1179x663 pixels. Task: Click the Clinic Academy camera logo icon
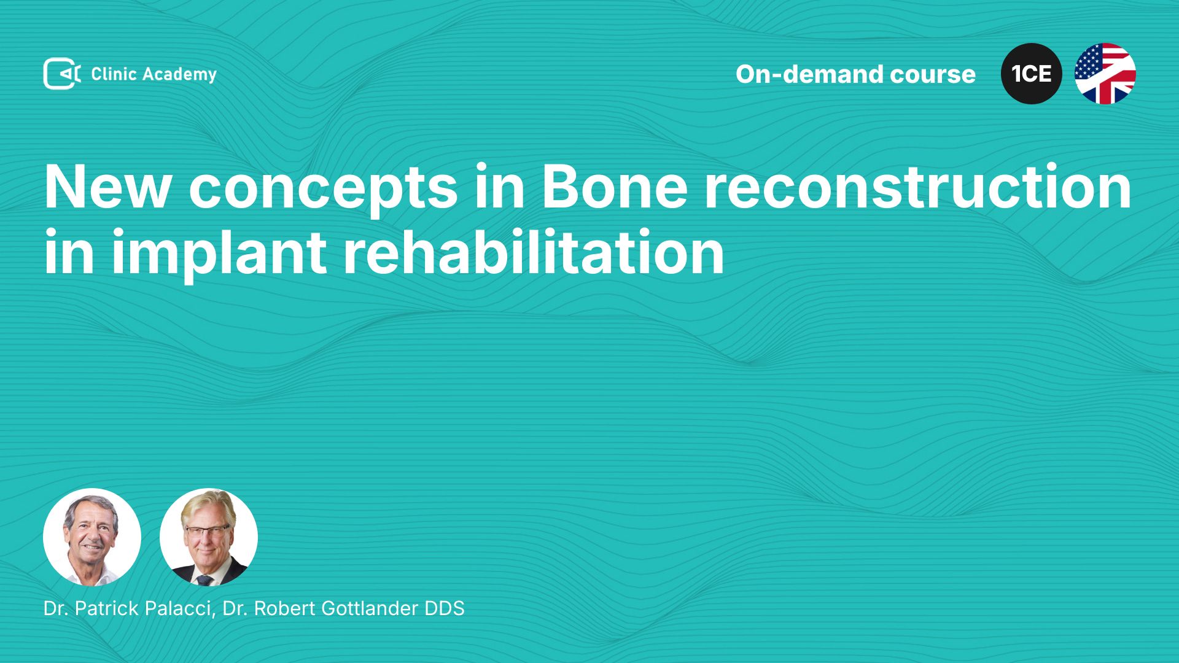coord(62,74)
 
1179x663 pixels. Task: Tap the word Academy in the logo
coord(179,75)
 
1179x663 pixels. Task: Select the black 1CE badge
coord(1032,74)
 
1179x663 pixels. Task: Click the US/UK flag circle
coord(1105,74)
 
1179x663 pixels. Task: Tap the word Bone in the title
coord(614,187)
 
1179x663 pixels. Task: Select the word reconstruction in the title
coord(918,187)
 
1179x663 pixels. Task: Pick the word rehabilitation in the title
coord(534,252)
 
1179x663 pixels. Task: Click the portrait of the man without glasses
coord(92,537)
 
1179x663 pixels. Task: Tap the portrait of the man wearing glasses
coord(209,537)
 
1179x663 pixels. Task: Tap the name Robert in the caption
coord(285,608)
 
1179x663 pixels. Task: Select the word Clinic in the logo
coord(114,74)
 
